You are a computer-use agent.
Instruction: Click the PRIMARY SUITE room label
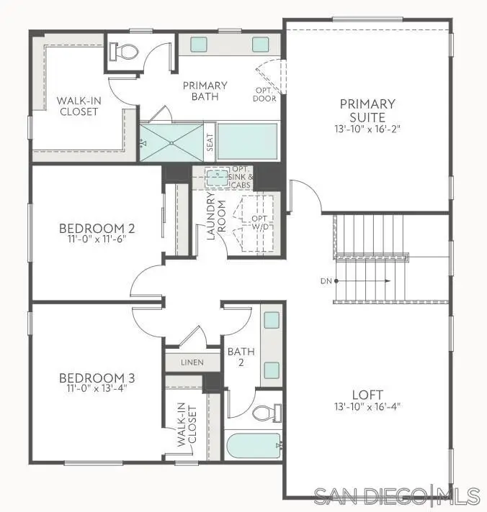pos(367,110)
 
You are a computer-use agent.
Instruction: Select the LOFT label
pos(367,394)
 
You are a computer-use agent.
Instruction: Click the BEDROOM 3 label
pos(97,378)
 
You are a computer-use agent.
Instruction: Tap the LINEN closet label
pos(192,362)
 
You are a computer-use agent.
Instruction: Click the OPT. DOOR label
pos(264,94)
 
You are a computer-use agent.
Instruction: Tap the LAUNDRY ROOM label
pos(216,216)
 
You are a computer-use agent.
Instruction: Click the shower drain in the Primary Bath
pos(171,142)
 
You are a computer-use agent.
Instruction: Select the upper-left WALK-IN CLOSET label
pos(78,106)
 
